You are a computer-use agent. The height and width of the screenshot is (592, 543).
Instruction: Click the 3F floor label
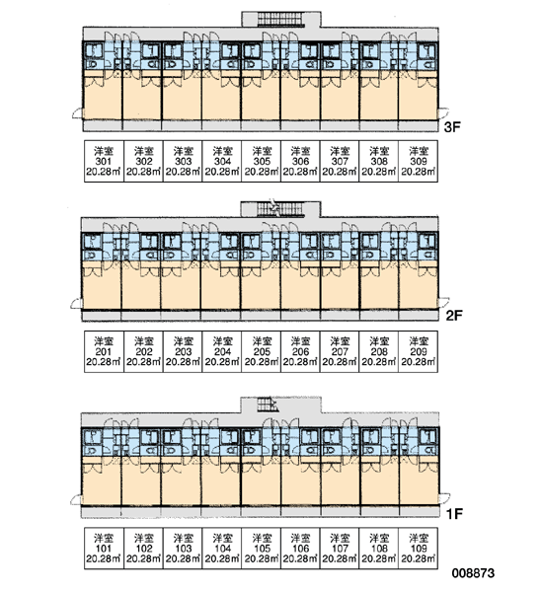tap(452, 127)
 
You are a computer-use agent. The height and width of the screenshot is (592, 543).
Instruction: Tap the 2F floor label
tap(454, 315)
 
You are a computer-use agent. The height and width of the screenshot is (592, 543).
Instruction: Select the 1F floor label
tap(454, 513)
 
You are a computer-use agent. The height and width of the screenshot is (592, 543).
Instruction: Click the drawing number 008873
tap(473, 573)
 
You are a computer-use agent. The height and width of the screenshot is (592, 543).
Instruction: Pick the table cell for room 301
tap(104, 161)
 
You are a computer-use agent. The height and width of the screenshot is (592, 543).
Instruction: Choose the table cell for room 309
tap(419, 161)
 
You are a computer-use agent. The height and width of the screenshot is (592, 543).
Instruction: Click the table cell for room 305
tap(261, 161)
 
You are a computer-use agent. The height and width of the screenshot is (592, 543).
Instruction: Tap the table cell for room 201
tap(104, 352)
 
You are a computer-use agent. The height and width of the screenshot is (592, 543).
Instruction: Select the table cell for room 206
tap(300, 352)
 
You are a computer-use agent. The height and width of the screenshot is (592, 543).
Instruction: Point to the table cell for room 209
tap(419, 352)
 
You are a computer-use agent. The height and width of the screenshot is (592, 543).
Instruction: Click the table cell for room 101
tap(104, 549)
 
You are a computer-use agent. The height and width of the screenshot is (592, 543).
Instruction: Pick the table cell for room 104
tap(222, 549)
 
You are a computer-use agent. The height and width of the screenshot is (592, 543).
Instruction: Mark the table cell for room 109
tap(419, 549)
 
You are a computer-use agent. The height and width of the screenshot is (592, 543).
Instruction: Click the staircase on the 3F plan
tap(280, 20)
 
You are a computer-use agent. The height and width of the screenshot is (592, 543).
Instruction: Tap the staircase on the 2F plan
tap(280, 209)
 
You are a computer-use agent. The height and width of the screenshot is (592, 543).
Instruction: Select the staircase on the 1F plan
tap(268, 405)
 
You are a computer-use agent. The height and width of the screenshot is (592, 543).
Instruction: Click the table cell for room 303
tap(183, 161)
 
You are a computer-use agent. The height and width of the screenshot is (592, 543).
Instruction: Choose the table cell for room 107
tap(340, 549)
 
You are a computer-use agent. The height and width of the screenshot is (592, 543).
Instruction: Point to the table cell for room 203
tap(183, 352)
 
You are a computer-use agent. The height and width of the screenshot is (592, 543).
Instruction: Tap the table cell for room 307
tap(340, 161)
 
